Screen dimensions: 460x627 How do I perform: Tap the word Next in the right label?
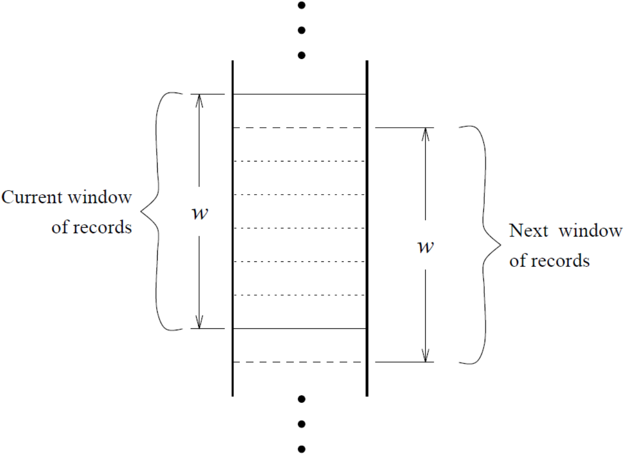coord(528,231)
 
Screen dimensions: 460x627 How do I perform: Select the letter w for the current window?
coord(199,213)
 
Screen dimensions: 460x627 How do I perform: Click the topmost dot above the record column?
coord(300,6)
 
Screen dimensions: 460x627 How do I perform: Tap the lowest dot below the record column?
coord(300,450)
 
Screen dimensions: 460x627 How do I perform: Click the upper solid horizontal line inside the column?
coord(299,94)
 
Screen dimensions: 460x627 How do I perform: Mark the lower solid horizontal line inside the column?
coord(299,328)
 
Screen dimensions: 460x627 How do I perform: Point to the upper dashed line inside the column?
coord(299,128)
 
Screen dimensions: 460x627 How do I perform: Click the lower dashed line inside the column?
coord(299,362)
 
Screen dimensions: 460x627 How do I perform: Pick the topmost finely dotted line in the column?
coord(299,161)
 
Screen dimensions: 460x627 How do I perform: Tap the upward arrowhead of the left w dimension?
coord(199,99)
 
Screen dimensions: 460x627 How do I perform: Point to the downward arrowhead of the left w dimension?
coord(199,323)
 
